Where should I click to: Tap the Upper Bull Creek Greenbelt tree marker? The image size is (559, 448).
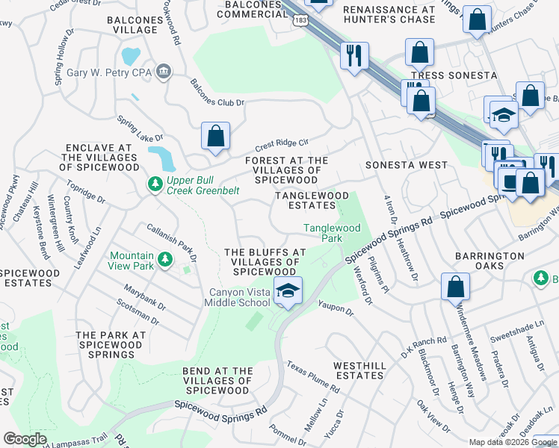[x=155, y=184]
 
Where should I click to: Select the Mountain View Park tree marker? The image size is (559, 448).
[x=165, y=259]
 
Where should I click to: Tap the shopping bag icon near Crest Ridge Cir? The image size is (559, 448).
[x=215, y=137]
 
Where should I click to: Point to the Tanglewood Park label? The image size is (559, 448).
[x=332, y=233]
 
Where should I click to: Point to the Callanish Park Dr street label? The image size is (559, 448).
[x=171, y=243]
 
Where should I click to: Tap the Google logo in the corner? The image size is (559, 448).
[x=25, y=439]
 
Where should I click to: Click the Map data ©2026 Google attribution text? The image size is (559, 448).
[x=512, y=442]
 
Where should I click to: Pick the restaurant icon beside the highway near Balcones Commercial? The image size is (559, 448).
[x=353, y=55]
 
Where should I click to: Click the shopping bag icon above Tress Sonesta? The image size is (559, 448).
[x=420, y=52]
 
